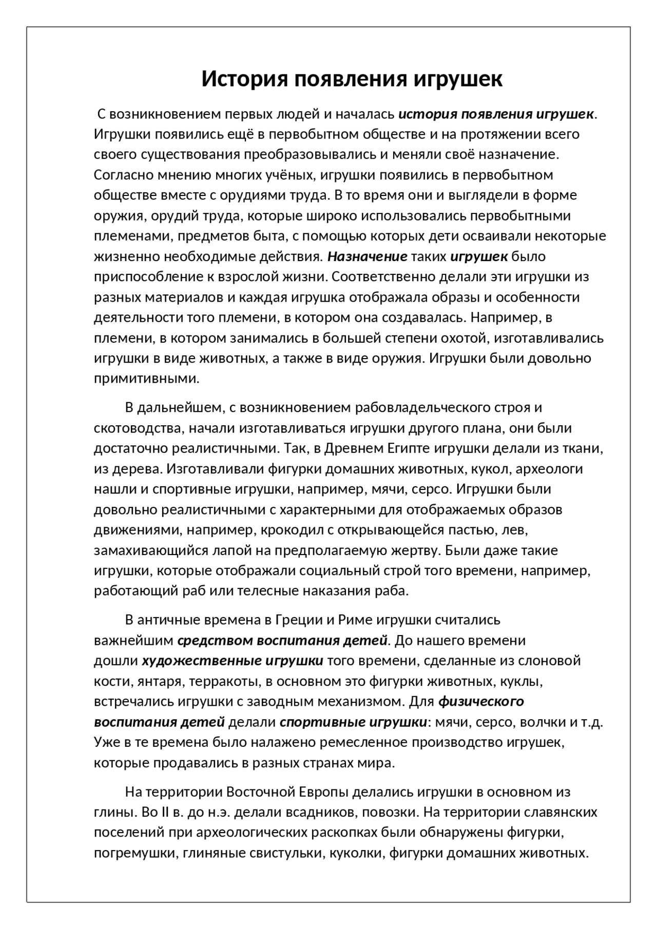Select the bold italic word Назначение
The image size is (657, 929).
tap(368, 256)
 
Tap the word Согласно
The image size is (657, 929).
tap(121, 175)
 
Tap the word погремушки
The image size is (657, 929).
tap(134, 853)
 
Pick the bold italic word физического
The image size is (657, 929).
tap(481, 701)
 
